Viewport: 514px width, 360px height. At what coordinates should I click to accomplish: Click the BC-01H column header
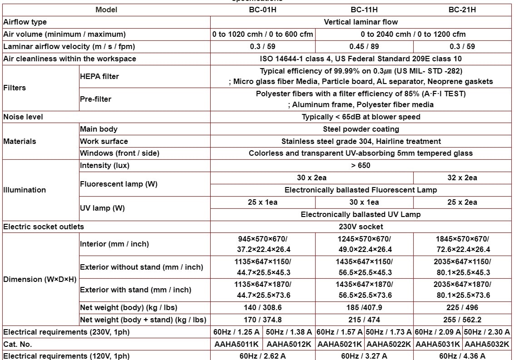coord(262,10)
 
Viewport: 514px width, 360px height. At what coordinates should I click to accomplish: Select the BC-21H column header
coord(462,10)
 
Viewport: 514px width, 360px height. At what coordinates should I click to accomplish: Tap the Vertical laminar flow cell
coord(361,22)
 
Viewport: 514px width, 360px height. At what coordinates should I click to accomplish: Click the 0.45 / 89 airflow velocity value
coord(364,46)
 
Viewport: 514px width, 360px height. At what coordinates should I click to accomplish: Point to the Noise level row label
coord(23,117)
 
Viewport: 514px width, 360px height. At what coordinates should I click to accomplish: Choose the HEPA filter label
coord(99,76)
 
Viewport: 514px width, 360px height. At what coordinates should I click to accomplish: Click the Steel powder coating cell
coord(361,129)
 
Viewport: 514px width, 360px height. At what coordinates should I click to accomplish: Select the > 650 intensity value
coord(361,165)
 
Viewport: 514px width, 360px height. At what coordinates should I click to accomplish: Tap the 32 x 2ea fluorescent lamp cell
coord(462,178)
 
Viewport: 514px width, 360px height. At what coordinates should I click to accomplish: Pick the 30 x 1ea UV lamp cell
coord(364,202)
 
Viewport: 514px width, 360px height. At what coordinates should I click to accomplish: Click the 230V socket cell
coord(361,227)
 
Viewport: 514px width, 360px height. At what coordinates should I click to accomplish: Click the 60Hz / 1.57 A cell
coord(340,332)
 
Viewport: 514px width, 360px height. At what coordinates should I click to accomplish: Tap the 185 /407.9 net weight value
coord(364,307)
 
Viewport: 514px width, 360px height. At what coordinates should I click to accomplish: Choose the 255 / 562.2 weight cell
coord(462,320)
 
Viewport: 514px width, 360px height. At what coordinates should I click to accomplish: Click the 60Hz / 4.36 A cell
coord(462,356)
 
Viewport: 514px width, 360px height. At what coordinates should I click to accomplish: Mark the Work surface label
coord(104,141)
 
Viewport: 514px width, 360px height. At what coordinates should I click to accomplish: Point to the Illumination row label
coord(25,190)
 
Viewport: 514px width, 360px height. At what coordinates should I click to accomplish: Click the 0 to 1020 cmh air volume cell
coord(262,34)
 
